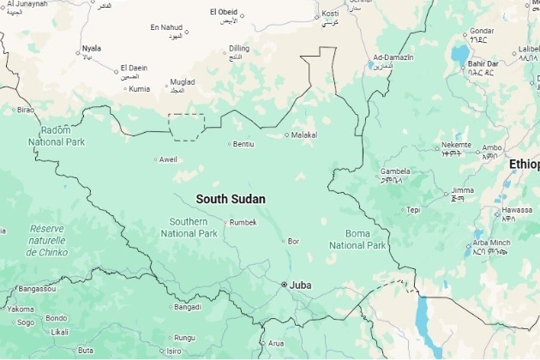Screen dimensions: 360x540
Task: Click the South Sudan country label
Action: (231, 199)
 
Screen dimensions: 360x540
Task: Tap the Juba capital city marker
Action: (285, 285)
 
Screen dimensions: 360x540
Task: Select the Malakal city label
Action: (304, 135)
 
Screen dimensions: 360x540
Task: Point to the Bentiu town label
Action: (243, 143)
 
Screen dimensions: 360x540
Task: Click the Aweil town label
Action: (169, 159)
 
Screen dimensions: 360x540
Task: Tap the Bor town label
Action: (294, 241)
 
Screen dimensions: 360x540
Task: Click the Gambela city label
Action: (395, 171)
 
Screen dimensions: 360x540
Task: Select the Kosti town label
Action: (330, 15)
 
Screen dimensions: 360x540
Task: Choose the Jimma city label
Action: (462, 189)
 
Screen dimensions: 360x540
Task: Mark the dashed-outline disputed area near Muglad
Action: (186, 127)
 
